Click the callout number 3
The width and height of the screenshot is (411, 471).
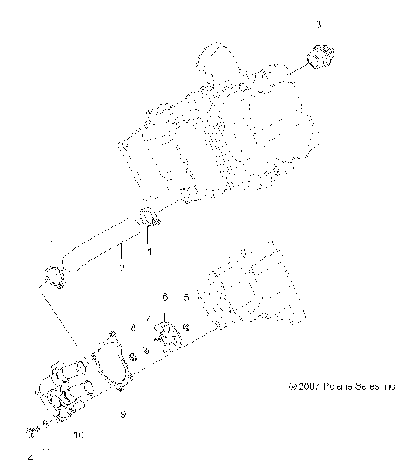coord(319,26)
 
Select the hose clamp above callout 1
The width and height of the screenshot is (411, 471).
coord(148,220)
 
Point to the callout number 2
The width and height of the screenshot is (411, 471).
coord(122,268)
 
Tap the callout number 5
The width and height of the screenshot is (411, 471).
coord(187,297)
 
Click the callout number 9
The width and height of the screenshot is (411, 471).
coord(122,414)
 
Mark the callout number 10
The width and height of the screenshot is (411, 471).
coord(80,435)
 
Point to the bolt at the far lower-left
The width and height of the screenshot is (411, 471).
coord(30,429)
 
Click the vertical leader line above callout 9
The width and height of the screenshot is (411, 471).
coord(122,398)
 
